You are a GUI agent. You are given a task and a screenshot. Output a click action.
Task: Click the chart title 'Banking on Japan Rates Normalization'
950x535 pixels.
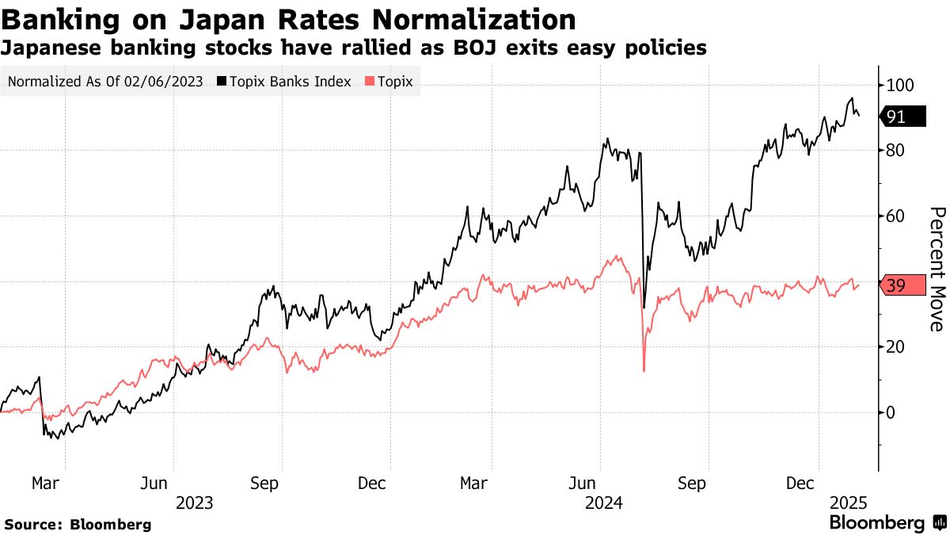(x=289, y=19)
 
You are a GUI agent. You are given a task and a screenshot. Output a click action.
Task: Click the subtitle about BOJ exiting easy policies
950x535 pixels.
(x=354, y=48)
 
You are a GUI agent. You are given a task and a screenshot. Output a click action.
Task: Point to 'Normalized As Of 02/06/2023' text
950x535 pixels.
(x=105, y=82)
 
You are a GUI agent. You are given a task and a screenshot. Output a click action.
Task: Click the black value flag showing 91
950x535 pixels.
(x=902, y=117)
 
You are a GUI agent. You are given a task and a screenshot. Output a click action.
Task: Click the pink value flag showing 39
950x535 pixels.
(x=902, y=286)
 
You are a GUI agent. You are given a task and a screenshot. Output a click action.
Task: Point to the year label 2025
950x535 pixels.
(x=849, y=503)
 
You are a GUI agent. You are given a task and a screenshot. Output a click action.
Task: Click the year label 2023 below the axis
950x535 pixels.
(x=195, y=503)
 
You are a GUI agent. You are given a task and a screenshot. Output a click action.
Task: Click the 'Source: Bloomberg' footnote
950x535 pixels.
(x=78, y=524)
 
